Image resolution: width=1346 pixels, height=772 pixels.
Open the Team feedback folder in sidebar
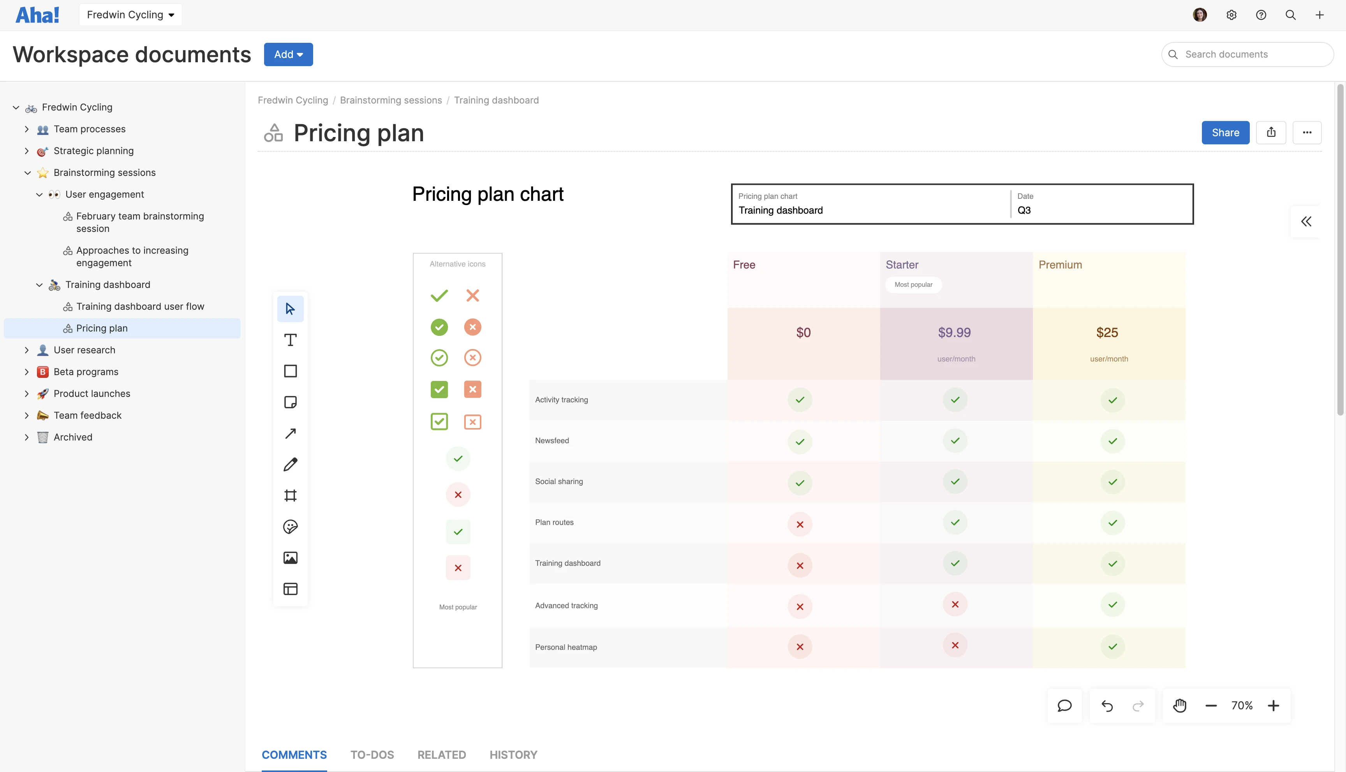tap(88, 416)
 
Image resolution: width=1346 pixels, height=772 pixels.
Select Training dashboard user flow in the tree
tap(140, 307)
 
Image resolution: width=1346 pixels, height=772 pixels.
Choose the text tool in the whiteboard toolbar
tap(290, 340)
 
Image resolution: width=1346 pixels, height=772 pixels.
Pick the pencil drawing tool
tap(290, 465)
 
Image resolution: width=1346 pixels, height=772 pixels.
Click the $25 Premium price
tap(1107, 332)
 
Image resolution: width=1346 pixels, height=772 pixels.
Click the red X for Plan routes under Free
tap(800, 525)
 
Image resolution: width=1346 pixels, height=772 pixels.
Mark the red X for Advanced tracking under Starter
tap(955, 604)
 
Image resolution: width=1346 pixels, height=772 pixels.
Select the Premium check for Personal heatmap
tap(1113, 646)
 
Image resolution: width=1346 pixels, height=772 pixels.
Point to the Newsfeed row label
tap(552, 440)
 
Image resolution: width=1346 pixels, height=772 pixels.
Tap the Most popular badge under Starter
tap(913, 285)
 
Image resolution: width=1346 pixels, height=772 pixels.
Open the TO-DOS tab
tap(372, 754)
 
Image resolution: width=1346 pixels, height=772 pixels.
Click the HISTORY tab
tap(513, 754)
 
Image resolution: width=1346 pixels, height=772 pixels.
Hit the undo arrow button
tap(1107, 706)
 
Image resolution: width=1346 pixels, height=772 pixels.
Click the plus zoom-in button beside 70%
tap(1273, 706)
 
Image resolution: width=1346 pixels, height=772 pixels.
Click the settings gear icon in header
tap(1231, 15)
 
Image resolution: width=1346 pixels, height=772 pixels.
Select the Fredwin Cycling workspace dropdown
tap(130, 15)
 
